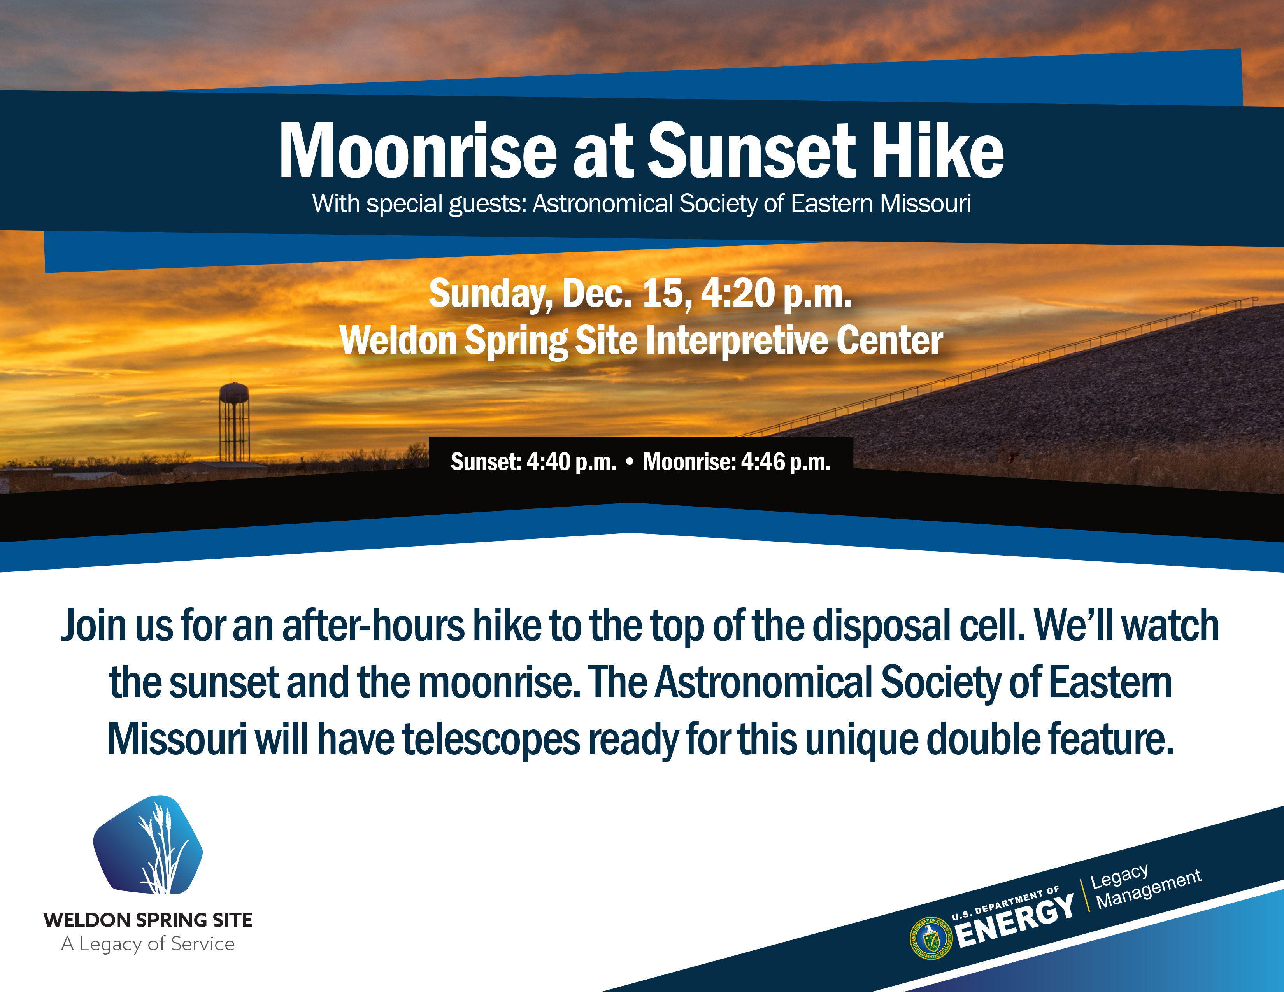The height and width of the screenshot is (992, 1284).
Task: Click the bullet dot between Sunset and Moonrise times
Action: [x=630, y=462]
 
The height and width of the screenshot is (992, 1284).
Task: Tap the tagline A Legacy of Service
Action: [x=148, y=944]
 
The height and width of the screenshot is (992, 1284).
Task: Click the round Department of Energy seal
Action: [x=930, y=938]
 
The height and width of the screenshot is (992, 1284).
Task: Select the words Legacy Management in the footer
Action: [x=1144, y=887]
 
